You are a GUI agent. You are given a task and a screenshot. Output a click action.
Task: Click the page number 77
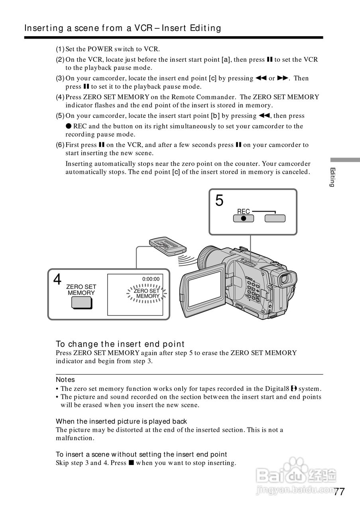[x=339, y=492]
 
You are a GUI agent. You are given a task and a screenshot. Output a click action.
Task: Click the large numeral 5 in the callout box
[x=219, y=200]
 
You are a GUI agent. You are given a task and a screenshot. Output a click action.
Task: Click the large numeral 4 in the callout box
[x=57, y=280]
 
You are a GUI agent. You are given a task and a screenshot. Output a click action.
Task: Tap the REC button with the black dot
[x=243, y=218]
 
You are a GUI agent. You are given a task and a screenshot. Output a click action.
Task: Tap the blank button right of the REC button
[x=275, y=218]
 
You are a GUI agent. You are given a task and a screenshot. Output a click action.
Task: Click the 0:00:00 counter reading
[x=151, y=279]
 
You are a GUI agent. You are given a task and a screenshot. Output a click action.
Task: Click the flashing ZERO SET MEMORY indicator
[x=147, y=294]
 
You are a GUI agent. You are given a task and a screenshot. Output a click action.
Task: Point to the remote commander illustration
[x=167, y=246]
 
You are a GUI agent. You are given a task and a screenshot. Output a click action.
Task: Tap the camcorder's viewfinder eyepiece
[x=287, y=280]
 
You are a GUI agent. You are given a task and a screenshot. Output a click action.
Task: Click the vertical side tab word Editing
[x=332, y=177]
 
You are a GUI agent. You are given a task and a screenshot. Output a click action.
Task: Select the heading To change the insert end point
[x=120, y=344]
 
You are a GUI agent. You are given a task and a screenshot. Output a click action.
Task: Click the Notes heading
[x=65, y=380]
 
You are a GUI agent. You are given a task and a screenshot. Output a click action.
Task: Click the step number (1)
[x=60, y=49]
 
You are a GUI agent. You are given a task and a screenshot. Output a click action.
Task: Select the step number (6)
[x=60, y=145]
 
